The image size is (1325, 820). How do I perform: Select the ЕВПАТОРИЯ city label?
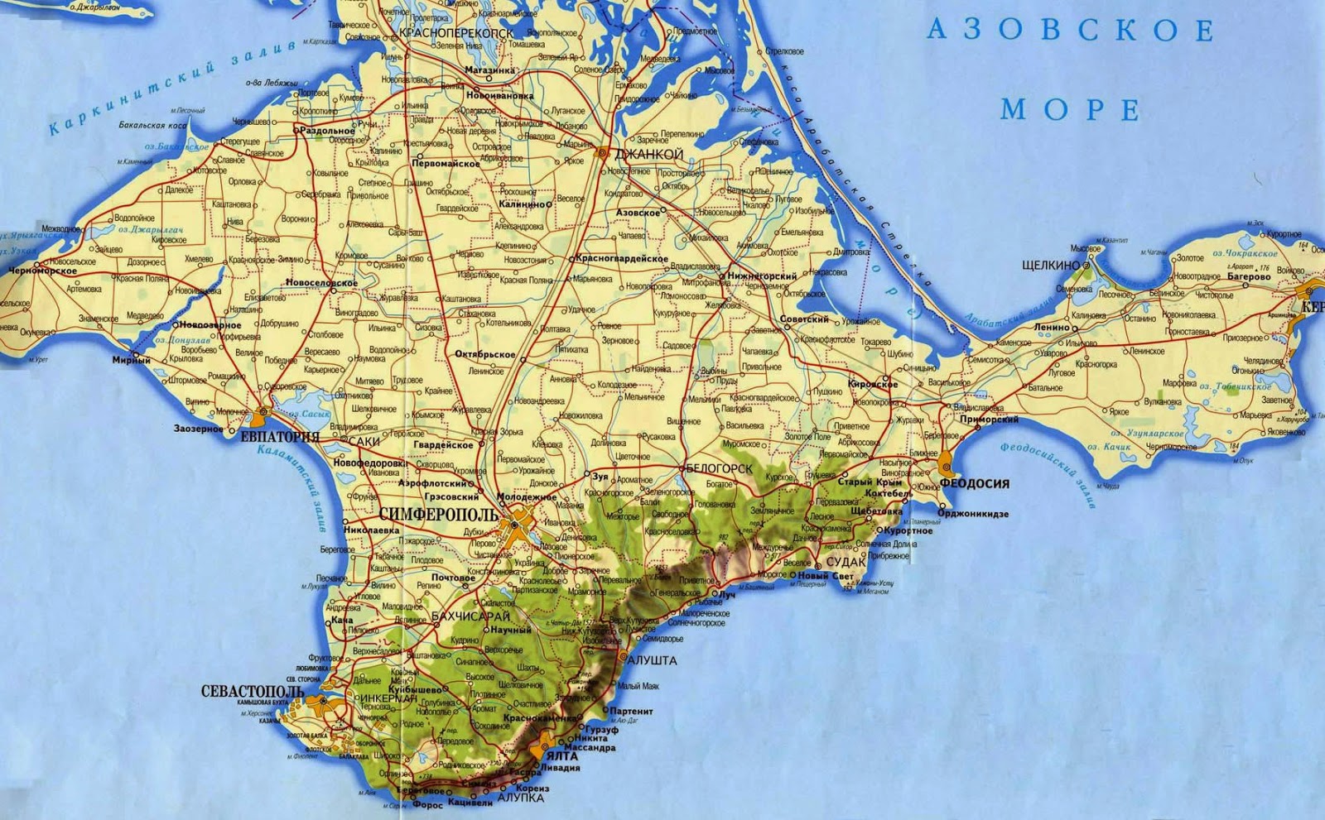(x=279, y=437)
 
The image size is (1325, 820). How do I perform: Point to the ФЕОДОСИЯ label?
(x=975, y=484)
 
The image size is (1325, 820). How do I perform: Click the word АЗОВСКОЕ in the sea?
(x=1070, y=31)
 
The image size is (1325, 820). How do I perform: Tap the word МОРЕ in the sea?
(x=1070, y=109)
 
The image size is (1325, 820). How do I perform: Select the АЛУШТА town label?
(x=653, y=660)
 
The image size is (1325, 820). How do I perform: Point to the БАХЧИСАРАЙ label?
(x=470, y=616)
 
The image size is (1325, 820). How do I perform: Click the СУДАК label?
(x=845, y=562)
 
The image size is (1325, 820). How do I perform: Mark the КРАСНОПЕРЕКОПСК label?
(x=455, y=33)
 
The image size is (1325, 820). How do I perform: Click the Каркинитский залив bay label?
(x=170, y=89)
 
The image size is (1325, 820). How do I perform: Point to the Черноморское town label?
(x=42, y=271)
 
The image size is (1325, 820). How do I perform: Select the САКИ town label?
(x=364, y=442)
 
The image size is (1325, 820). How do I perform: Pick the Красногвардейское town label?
(x=623, y=259)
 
